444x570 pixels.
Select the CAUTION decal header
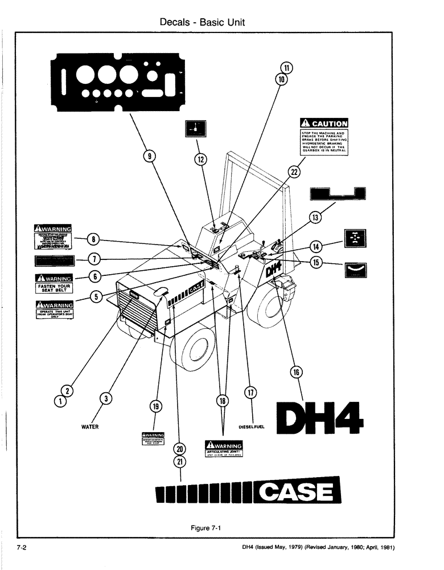(324, 123)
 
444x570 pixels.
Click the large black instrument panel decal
(122, 84)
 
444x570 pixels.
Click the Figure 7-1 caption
(205, 527)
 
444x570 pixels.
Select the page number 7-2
(23, 548)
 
